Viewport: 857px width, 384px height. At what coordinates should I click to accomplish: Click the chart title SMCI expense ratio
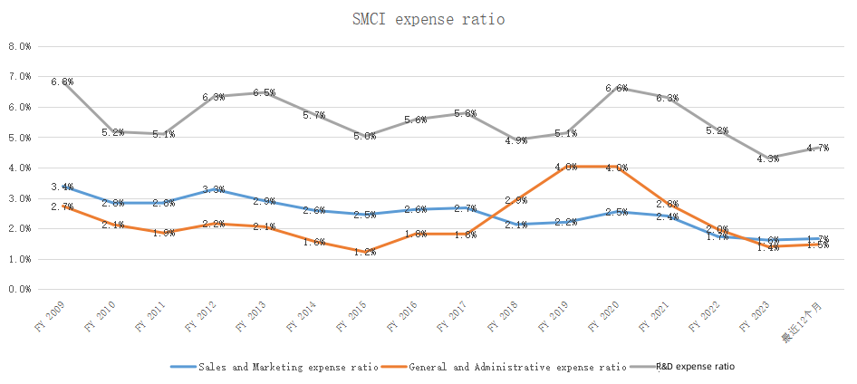[428, 18]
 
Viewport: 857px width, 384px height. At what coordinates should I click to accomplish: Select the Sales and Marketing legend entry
[273, 367]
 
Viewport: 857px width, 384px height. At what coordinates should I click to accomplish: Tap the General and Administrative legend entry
[504, 367]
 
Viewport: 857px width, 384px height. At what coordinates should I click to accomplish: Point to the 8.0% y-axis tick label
[20, 46]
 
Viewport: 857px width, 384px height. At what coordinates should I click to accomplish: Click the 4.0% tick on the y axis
[20, 168]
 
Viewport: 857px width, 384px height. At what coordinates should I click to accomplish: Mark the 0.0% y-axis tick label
[20, 290]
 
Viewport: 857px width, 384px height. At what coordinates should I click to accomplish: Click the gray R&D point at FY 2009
[63, 82]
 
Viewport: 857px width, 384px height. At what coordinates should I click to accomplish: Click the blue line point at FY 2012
[214, 189]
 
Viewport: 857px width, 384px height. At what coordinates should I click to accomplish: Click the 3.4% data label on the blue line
[62, 187]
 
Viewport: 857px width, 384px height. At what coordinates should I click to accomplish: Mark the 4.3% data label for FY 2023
[768, 159]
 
